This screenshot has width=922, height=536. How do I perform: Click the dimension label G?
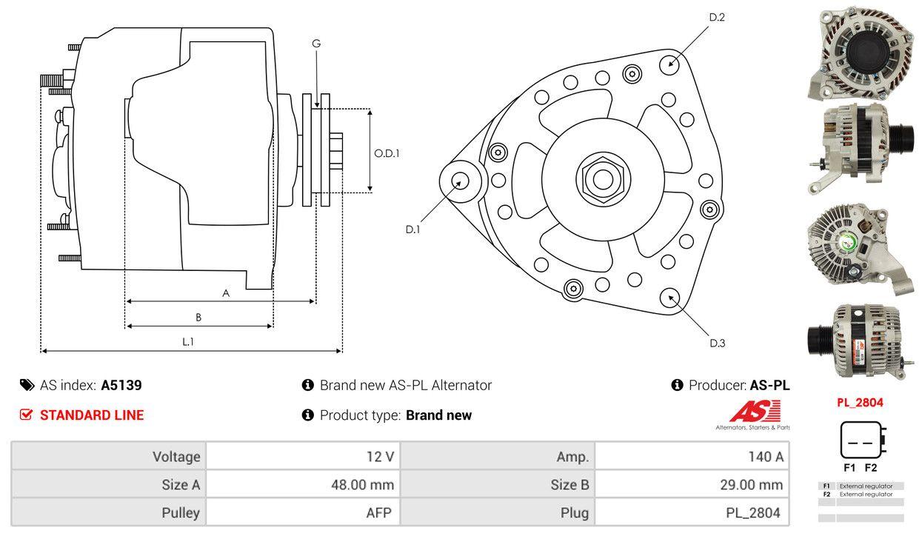(x=316, y=44)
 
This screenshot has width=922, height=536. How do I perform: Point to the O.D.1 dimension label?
(x=387, y=153)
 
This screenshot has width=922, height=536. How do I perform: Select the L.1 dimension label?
(x=188, y=341)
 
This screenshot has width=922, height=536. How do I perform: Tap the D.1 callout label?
(x=412, y=230)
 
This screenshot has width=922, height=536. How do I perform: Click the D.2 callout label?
(x=716, y=17)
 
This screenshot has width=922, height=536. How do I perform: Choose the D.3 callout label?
(x=717, y=343)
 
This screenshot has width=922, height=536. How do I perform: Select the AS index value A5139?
(x=121, y=385)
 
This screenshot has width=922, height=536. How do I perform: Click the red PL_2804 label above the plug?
(x=860, y=403)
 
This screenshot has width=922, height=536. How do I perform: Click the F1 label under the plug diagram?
(x=849, y=468)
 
